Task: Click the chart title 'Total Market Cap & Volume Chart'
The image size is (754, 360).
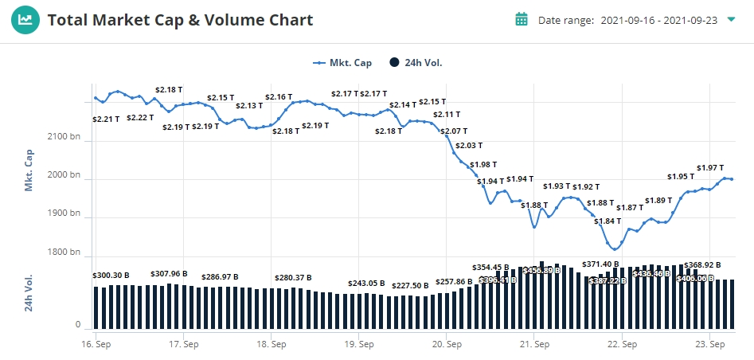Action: [x=180, y=20]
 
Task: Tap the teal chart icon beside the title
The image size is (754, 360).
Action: [x=26, y=20]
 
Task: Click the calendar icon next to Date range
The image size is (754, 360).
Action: [x=522, y=19]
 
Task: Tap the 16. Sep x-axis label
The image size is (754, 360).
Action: [x=96, y=345]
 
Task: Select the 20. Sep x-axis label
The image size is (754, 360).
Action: [x=447, y=345]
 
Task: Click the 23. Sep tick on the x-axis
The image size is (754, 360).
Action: [x=709, y=345]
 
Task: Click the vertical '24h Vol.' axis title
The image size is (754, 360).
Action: [x=29, y=292]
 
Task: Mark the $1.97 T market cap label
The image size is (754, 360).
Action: [x=709, y=167]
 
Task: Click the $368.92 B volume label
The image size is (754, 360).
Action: [x=702, y=264]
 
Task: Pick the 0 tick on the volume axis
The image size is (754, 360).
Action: [x=78, y=325]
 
